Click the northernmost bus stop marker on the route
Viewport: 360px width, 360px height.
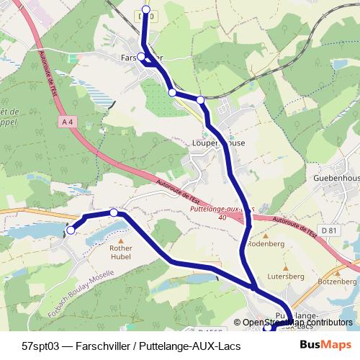(x=146, y=9)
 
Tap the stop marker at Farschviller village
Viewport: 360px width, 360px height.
(x=142, y=57)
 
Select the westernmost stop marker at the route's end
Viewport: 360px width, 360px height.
(x=71, y=230)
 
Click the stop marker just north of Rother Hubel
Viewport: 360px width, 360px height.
(x=114, y=212)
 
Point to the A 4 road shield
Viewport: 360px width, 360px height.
(x=68, y=122)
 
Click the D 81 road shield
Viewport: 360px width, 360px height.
(x=330, y=230)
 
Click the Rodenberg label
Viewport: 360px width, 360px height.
(x=266, y=243)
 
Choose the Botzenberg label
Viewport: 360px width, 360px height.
(x=338, y=282)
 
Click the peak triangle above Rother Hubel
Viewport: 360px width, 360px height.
(x=121, y=241)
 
